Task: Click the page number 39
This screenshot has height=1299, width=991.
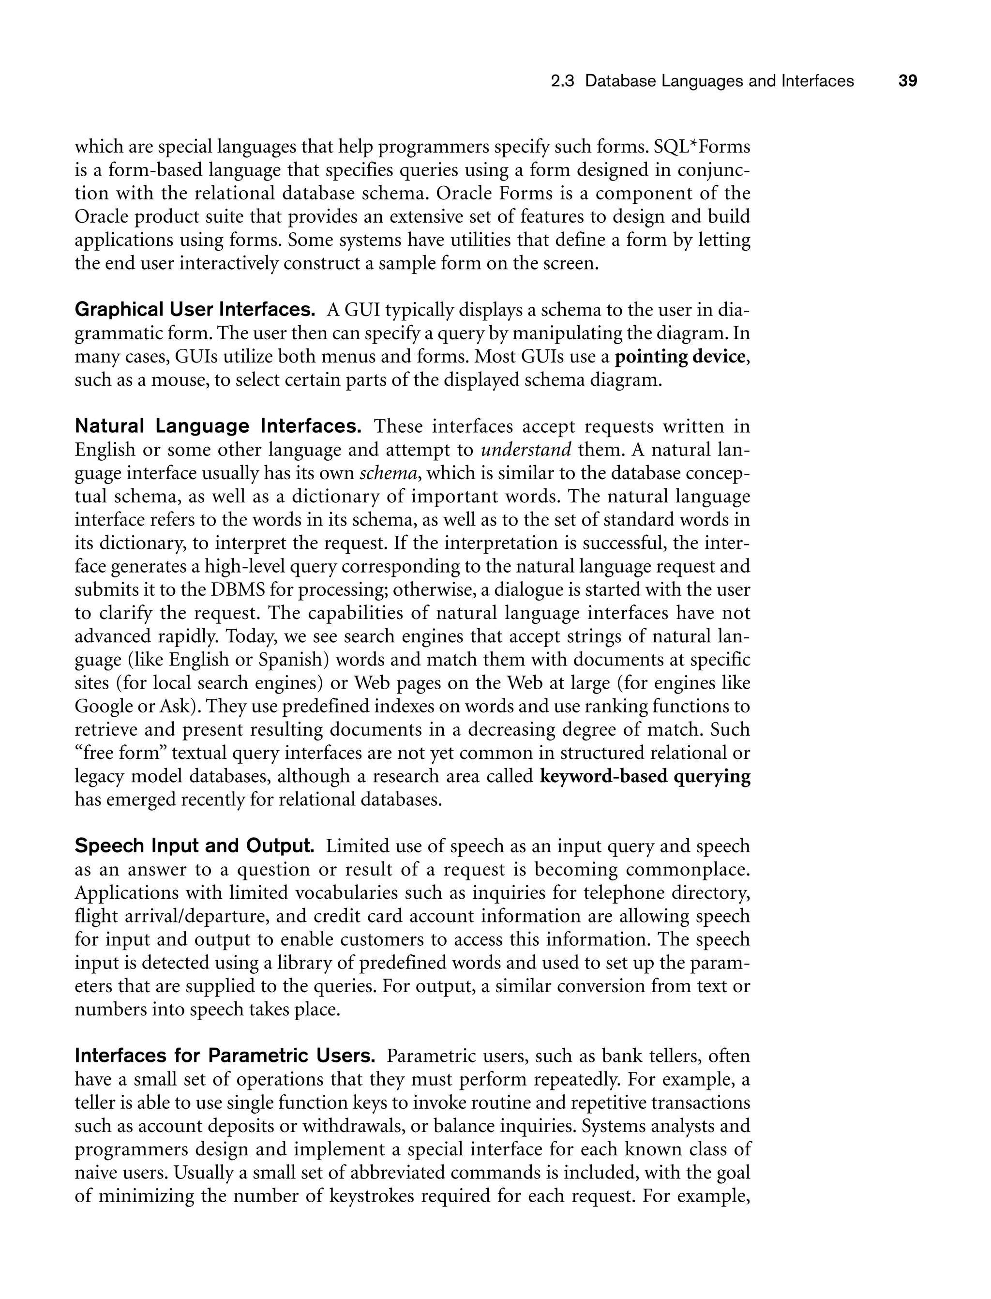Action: (x=907, y=81)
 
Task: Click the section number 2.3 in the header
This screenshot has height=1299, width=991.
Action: (x=562, y=81)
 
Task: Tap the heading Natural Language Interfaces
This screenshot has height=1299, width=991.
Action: (x=218, y=425)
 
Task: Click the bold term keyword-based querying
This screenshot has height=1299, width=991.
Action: (x=645, y=776)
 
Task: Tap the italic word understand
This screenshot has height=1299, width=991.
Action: (x=526, y=450)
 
